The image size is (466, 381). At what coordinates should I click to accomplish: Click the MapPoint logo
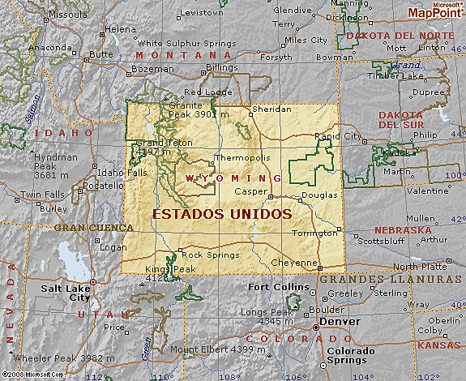pos(435,11)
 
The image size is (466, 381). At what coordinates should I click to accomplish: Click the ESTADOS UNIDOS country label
pos(221,214)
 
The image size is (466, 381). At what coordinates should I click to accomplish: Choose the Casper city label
pos(250,191)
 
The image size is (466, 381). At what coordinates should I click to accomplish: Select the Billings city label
pos(222,67)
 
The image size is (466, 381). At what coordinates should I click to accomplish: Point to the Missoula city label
pos(68,15)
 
